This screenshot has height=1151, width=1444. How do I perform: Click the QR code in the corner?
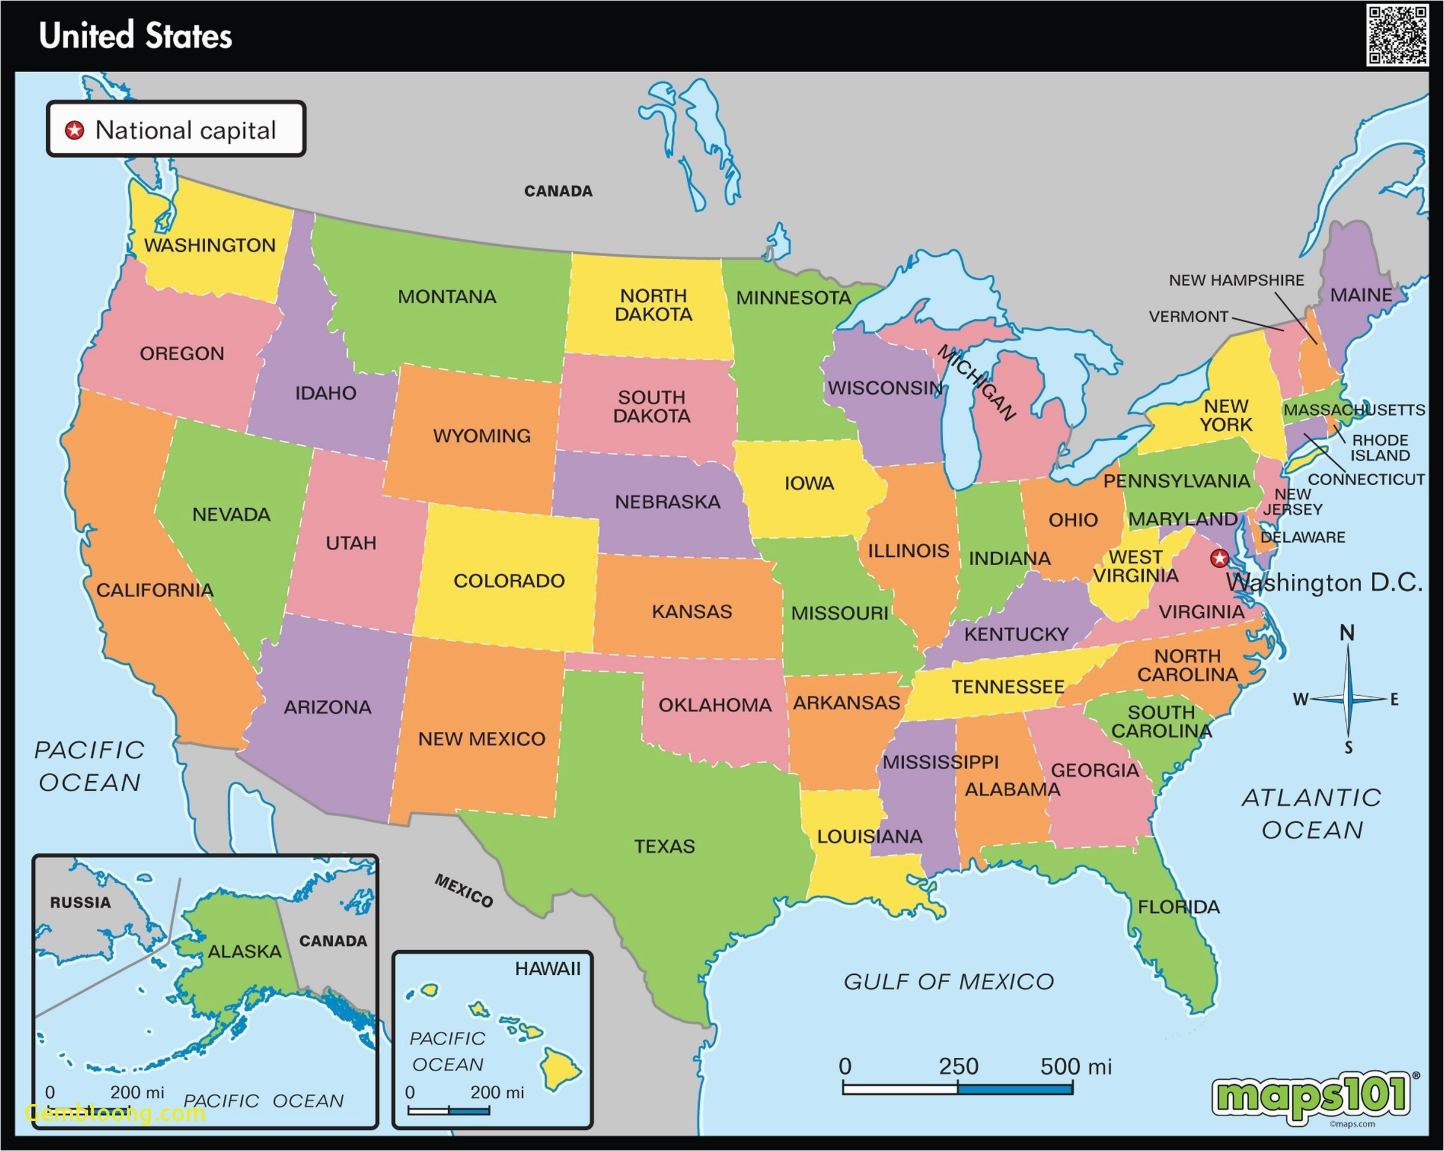tap(1397, 35)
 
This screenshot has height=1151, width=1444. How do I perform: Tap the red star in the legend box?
tap(75, 130)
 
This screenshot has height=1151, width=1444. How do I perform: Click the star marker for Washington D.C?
tap(1220, 557)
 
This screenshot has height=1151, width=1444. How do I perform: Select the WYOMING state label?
tap(481, 436)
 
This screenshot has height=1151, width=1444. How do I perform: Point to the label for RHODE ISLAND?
tap(1380, 447)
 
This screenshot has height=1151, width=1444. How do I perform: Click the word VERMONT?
tap(1188, 316)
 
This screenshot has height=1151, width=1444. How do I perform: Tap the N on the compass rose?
tap(1347, 633)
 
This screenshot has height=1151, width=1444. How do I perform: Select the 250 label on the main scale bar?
tap(958, 1067)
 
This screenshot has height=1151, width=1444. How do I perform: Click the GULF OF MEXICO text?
tap(948, 981)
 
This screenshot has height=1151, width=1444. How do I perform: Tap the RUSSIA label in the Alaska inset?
tap(81, 903)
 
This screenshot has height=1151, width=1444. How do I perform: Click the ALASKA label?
tap(244, 951)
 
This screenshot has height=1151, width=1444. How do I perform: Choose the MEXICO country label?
tap(463, 891)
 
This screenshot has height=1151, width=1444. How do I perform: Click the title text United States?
tap(135, 35)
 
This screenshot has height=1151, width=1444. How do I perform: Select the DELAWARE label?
tap(1303, 537)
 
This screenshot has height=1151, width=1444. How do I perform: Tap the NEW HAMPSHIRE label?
tap(1236, 280)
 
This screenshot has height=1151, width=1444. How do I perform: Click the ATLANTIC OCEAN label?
tap(1312, 814)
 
